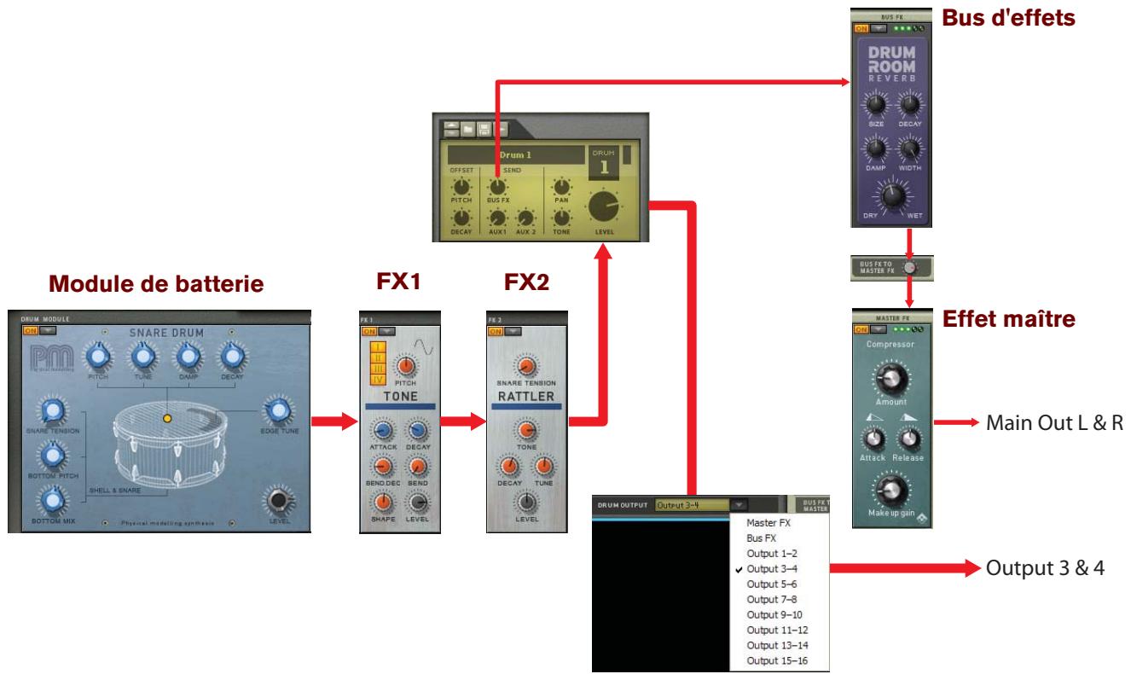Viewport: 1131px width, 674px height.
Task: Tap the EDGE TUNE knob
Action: tap(277, 411)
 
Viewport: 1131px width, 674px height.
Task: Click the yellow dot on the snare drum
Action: tap(167, 419)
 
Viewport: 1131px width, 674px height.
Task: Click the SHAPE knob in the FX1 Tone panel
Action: tap(383, 502)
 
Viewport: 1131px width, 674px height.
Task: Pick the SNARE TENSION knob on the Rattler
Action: tap(526, 366)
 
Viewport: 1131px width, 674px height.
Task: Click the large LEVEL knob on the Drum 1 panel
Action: tap(604, 206)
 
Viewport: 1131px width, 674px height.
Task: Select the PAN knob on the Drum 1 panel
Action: tap(560, 187)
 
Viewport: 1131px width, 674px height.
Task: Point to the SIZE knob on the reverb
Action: tap(875, 107)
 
